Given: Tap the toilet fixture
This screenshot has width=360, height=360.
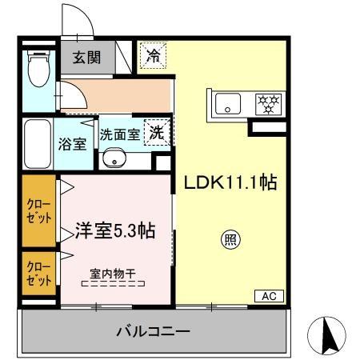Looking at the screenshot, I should tap(36, 69).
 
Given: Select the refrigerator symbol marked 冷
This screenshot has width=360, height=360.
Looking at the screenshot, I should tap(151, 56).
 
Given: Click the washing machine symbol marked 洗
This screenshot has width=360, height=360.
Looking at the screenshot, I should tap(157, 134).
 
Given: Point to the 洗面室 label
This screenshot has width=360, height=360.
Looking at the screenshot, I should tap(119, 134).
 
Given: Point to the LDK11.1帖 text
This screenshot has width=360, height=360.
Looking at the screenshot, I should tap(230, 182).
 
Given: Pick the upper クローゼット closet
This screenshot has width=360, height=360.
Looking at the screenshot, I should tap(37, 210).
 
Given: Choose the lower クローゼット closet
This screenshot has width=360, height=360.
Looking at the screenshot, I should tap(37, 274).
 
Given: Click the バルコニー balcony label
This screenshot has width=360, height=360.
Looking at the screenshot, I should tap(152, 330).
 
